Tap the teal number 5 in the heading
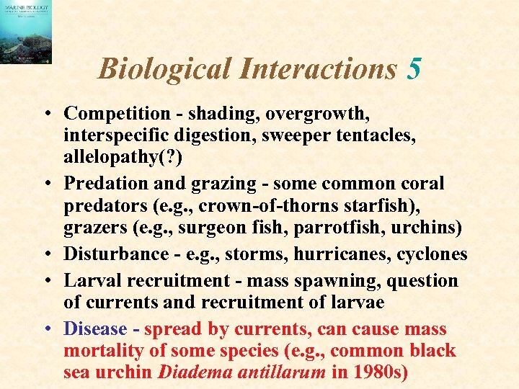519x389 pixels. click(414, 69)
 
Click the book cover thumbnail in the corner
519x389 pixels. click(26, 32)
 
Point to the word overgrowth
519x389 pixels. click(327, 114)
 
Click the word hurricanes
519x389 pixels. click(345, 254)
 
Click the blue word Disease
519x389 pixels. click(95, 329)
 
